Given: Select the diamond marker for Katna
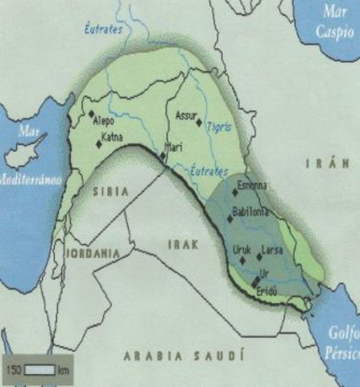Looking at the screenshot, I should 99,144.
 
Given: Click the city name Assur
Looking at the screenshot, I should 186,115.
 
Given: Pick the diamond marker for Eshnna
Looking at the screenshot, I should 235,193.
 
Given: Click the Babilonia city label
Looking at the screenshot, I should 248,212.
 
